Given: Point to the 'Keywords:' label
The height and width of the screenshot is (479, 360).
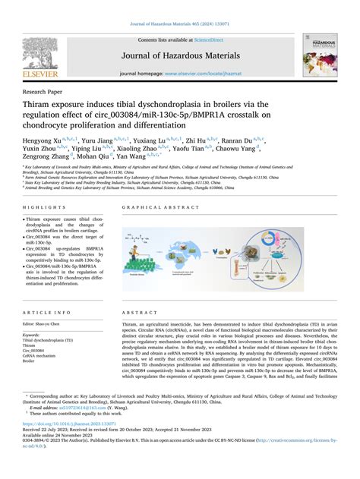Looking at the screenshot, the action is [32, 335].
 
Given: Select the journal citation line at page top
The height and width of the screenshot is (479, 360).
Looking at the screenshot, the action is [179, 25].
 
